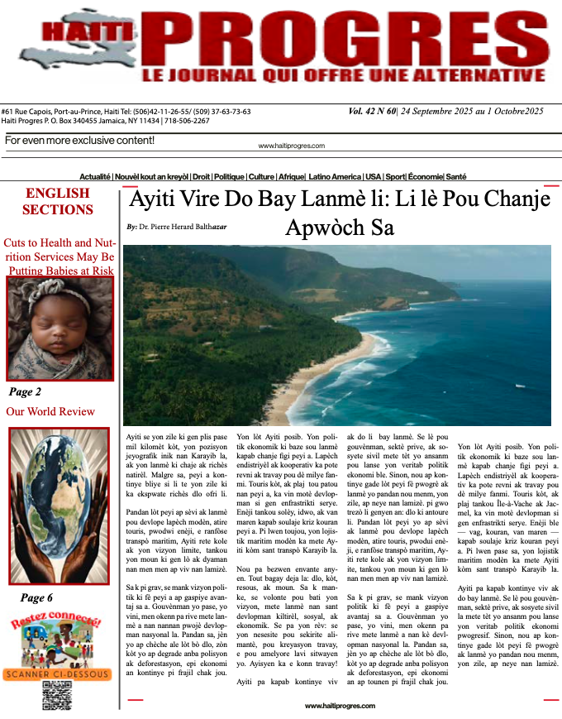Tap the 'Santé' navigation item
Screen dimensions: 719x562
456,177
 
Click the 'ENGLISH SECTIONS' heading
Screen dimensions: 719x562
57,201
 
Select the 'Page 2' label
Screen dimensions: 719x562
25,391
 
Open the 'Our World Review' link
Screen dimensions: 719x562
50,411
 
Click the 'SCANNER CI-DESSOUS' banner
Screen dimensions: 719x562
58,674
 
